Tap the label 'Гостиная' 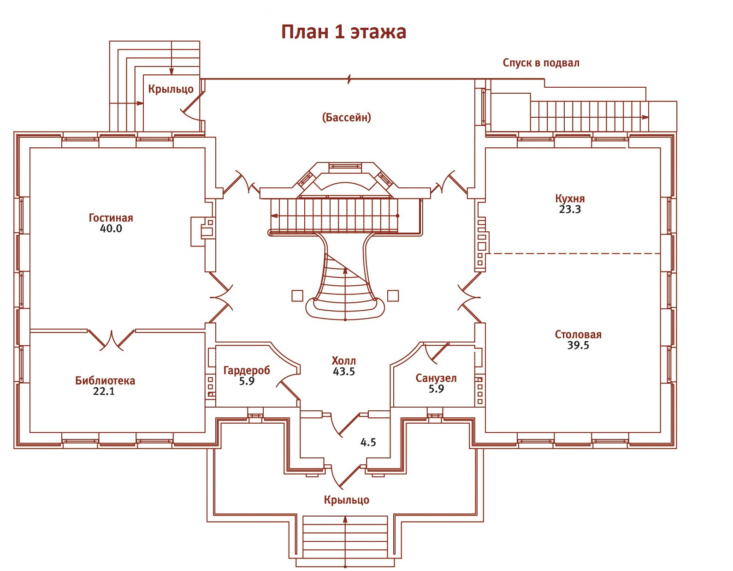pos(111,218)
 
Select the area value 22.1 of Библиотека pos(104,391)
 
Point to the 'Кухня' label pos(570,198)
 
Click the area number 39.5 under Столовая pos(578,345)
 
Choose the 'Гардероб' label pos(247,370)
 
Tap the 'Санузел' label pos(436,378)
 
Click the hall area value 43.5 pos(344,372)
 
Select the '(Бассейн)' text pos(346,117)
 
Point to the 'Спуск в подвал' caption pos(541,63)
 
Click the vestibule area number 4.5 pos(368,442)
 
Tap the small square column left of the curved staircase pos(297,295)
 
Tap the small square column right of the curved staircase pos(393,295)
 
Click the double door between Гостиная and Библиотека pos(112,339)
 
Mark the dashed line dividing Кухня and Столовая pos(574,253)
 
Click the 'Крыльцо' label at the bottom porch pos(346,500)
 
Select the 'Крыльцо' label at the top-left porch pos(171,89)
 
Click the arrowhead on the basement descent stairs pos(645,117)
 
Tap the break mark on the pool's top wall pos(349,79)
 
